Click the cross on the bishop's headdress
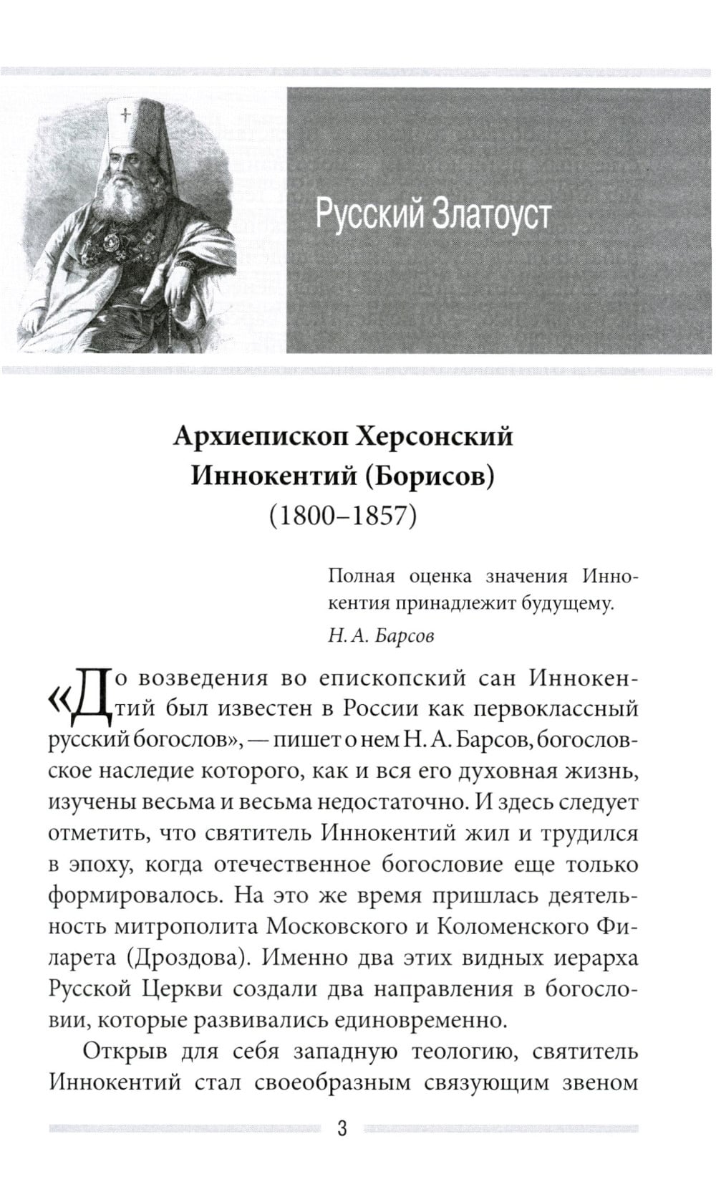126,115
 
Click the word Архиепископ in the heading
258,436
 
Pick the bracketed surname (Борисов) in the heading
430,476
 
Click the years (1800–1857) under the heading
342,514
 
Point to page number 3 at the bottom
342,1130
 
